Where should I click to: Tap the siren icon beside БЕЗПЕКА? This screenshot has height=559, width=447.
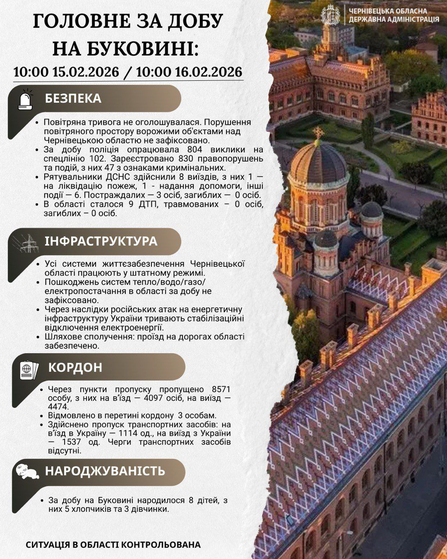click(25, 100)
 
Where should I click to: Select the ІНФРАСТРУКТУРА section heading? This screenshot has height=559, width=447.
click(101, 242)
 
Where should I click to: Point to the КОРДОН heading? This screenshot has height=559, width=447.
click(75, 367)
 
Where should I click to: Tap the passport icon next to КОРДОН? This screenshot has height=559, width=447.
click(29, 369)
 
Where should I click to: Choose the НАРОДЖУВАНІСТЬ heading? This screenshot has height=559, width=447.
click(105, 471)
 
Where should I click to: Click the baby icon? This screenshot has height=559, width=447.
click(27, 472)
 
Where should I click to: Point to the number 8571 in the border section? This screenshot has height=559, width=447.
click(220, 390)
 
